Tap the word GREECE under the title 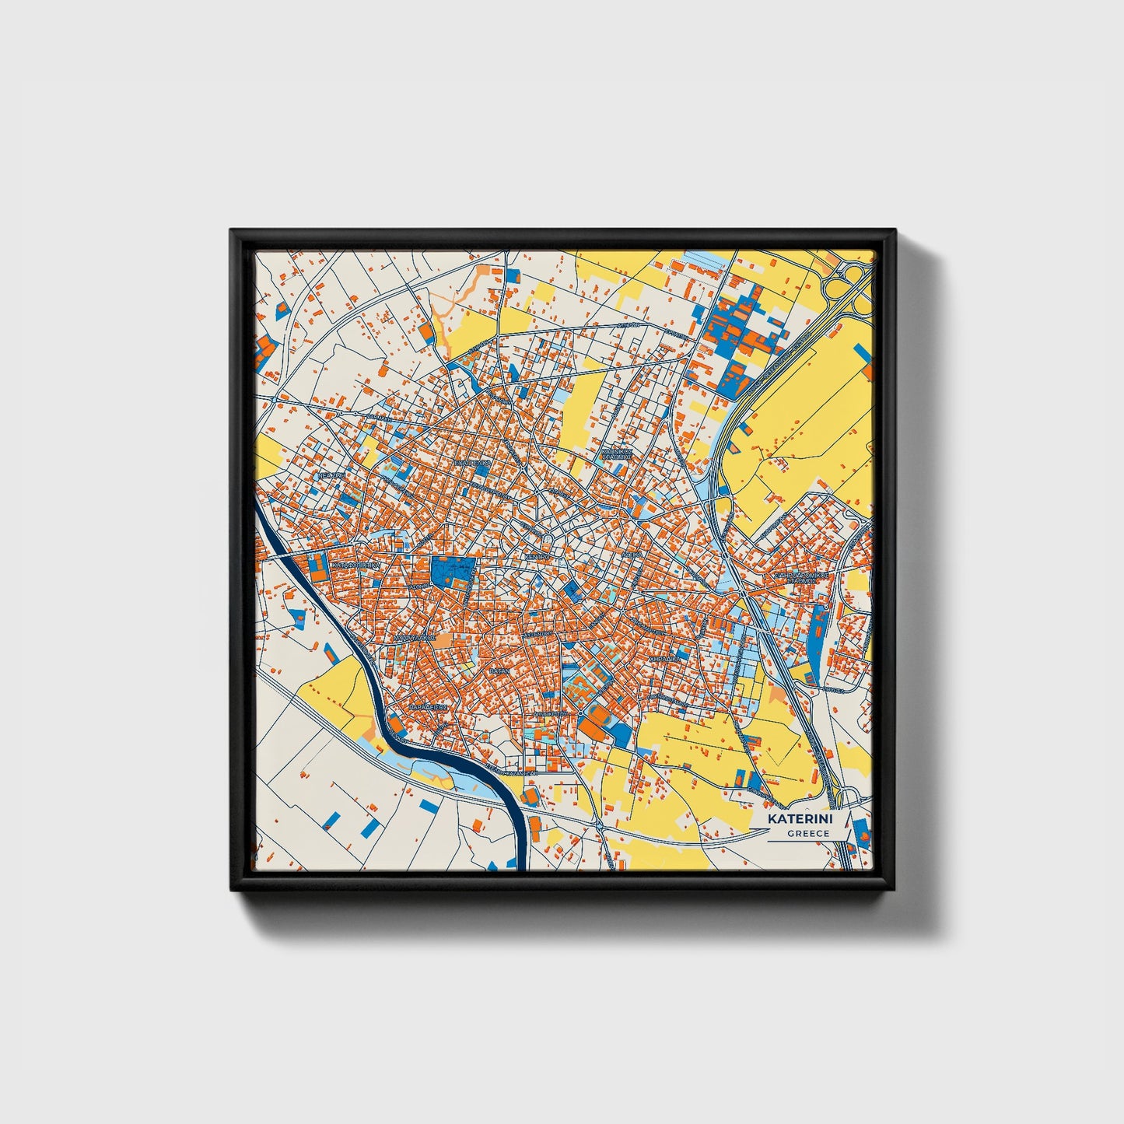807,833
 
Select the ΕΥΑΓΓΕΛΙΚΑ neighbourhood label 473,462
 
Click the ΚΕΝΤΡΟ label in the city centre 537,558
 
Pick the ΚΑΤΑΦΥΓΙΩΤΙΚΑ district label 355,566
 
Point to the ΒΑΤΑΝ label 499,669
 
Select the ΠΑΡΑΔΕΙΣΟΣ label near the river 427,708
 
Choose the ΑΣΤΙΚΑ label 632,555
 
